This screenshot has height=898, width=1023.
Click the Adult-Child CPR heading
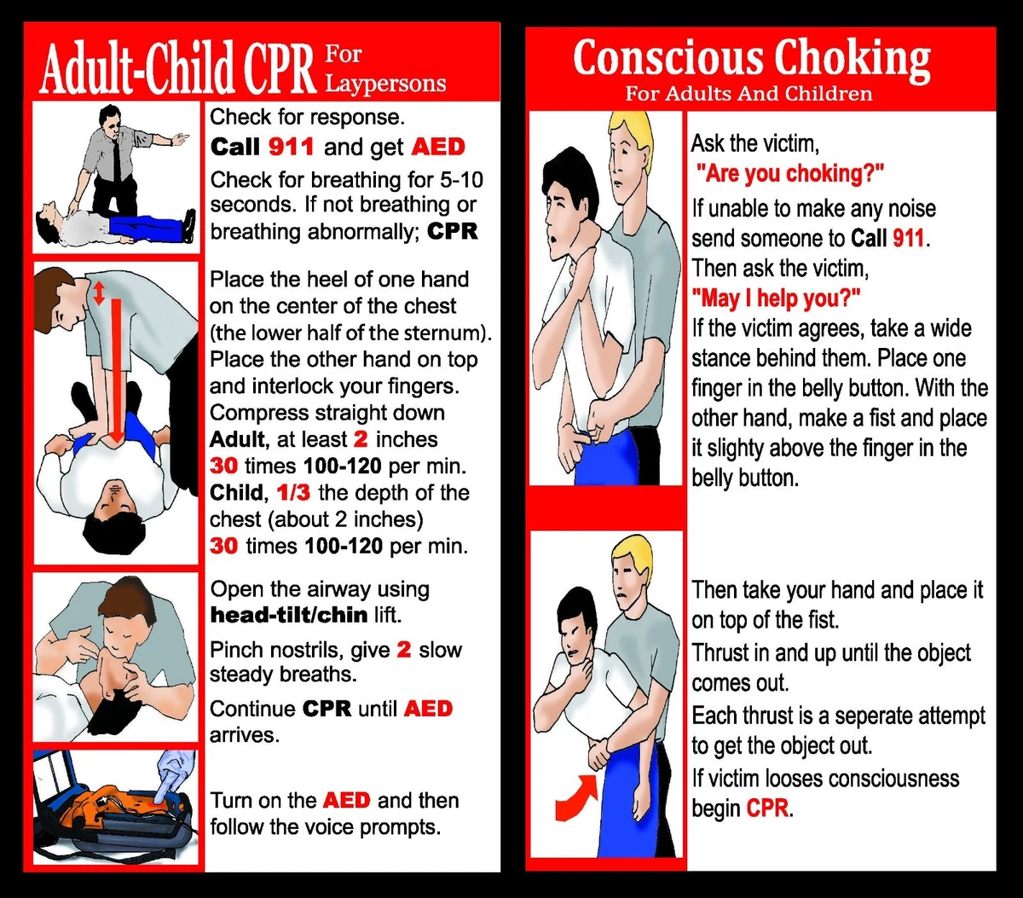click(176, 71)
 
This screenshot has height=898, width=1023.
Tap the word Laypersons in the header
click(385, 84)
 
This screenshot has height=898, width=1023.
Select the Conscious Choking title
click(751, 60)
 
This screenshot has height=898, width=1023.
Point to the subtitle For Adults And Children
click(748, 93)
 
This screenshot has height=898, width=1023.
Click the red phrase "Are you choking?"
click(789, 174)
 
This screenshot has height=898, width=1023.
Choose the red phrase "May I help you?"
click(776, 298)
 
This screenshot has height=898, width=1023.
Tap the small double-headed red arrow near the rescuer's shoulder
click(99, 293)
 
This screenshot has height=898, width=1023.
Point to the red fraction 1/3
click(293, 493)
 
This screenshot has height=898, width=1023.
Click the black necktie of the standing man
click(114, 157)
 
